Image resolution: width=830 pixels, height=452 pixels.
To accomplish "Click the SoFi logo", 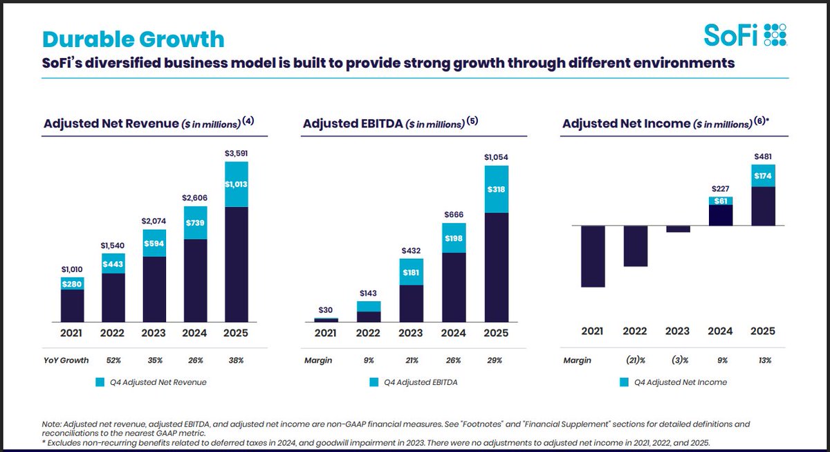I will coord(746,35).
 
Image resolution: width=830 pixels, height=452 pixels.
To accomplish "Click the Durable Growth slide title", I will coord(133,39).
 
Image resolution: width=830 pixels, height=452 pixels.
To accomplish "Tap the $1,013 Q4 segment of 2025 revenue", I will coord(237,184).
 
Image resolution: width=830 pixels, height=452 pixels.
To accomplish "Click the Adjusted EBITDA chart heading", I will coord(383,123).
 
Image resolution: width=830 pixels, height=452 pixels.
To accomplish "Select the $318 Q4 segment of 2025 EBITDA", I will coord(497,189).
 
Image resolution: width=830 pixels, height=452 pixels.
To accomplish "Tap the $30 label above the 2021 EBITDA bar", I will coord(326,309).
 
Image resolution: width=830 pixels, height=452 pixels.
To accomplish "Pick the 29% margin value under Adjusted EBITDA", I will coord(496,361).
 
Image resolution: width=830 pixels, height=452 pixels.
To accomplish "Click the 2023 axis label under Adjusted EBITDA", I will coord(411,333).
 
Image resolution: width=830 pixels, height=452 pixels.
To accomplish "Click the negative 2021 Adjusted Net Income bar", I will coord(593,256).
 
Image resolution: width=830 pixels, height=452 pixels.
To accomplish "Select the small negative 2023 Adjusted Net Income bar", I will coord(678,229).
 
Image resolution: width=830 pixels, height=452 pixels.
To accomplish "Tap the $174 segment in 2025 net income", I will coord(763,175).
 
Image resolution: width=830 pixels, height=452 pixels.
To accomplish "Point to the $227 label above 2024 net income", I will coord(720,188).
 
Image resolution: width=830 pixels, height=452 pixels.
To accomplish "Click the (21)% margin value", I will coord(634,361).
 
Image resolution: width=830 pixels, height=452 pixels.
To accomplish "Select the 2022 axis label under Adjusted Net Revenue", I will coord(112,333).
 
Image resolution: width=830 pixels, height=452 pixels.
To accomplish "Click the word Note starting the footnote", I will coord(53,423).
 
